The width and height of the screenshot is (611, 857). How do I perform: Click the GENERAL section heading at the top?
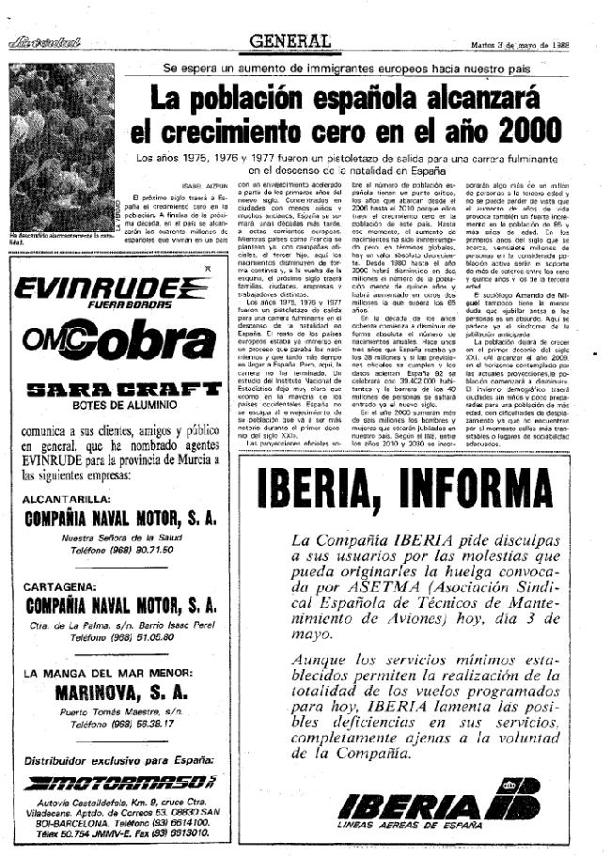tap(290, 42)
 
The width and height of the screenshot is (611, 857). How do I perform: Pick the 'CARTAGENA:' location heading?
tap(58, 585)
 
